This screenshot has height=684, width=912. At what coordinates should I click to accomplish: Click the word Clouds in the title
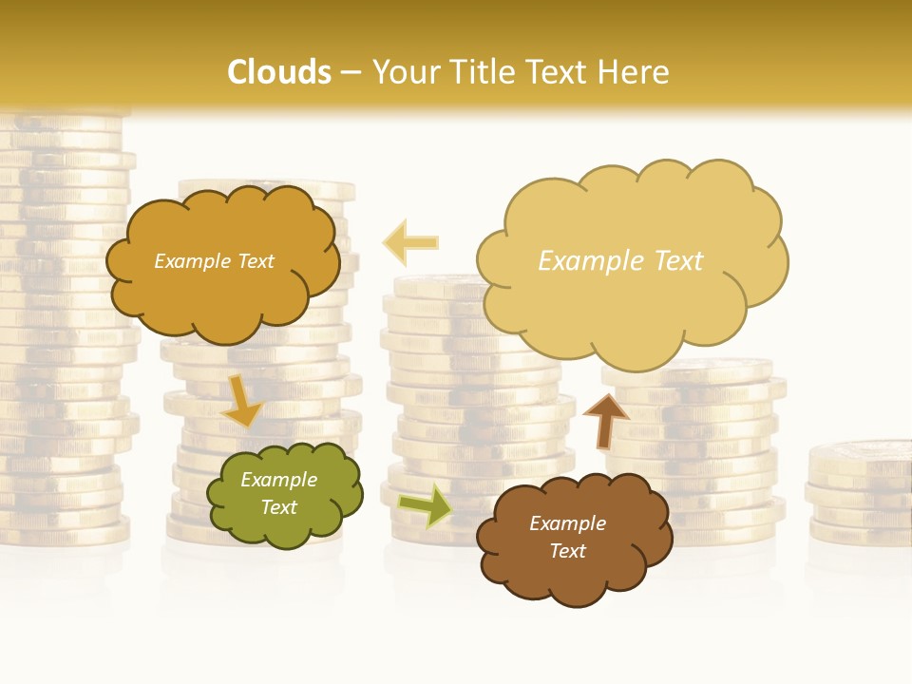pyautogui.click(x=280, y=72)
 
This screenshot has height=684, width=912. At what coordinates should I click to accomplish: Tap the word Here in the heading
pyautogui.click(x=635, y=72)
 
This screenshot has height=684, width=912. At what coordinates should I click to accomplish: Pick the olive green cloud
pyautogui.click(x=284, y=494)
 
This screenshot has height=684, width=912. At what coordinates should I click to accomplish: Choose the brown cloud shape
pyautogui.click(x=573, y=538)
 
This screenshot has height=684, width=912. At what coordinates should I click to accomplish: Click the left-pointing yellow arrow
pyautogui.click(x=410, y=242)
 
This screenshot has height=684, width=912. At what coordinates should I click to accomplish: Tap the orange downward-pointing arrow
pyautogui.click(x=243, y=401)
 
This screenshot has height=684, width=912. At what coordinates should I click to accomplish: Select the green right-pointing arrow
pyautogui.click(x=426, y=504)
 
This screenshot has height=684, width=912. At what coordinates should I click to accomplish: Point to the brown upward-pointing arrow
pyautogui.click(x=605, y=419)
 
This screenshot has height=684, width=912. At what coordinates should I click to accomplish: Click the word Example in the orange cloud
pyautogui.click(x=190, y=261)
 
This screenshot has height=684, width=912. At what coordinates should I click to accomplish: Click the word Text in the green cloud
pyautogui.click(x=279, y=508)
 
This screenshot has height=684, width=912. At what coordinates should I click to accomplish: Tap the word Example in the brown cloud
pyautogui.click(x=567, y=523)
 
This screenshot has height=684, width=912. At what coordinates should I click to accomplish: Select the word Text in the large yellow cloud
pyautogui.click(x=676, y=261)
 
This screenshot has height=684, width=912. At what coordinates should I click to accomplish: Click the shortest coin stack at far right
pyautogui.click(x=860, y=494)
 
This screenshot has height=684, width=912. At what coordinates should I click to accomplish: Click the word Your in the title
pyautogui.click(x=403, y=72)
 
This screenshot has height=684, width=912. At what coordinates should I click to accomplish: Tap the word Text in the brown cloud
pyautogui.click(x=568, y=551)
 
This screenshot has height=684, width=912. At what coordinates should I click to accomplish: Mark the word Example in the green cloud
pyautogui.click(x=279, y=480)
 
